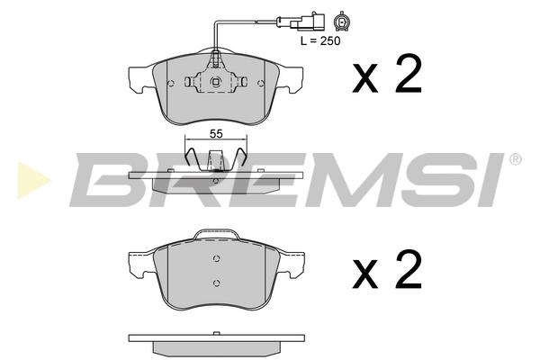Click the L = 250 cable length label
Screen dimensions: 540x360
tap(320, 40)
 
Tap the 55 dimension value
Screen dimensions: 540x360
tap(216, 134)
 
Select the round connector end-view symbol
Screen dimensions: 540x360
tap(342, 22)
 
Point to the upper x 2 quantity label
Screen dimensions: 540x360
tap(387, 75)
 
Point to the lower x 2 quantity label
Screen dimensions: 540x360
tap(387, 269)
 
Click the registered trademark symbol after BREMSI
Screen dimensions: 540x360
tap(516, 158)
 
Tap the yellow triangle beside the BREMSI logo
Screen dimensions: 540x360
tap(33, 180)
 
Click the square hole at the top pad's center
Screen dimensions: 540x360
tap(216, 82)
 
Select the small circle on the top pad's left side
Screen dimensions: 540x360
tap(171, 83)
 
